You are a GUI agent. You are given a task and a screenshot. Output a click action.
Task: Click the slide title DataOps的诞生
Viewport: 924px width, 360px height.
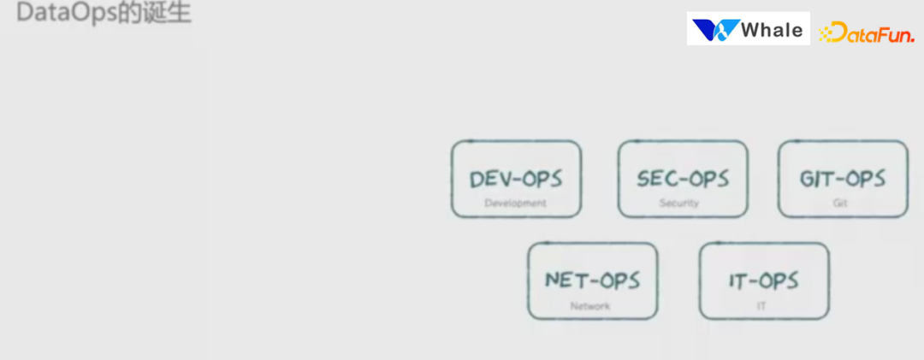point(104,14)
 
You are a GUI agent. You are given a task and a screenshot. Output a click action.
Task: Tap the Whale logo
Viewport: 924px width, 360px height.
point(748,30)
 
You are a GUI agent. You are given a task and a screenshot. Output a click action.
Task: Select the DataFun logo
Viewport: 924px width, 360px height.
point(866,33)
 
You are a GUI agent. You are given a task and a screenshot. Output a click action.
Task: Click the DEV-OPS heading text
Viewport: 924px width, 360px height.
point(516,180)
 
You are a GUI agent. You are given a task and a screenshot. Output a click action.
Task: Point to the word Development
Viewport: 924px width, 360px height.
point(515,204)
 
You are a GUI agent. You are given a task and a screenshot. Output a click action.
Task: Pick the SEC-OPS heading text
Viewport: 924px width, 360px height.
point(683,179)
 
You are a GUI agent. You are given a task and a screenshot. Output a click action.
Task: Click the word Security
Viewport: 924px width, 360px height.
point(679,204)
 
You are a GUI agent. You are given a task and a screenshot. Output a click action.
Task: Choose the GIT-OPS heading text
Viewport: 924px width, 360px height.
point(843,179)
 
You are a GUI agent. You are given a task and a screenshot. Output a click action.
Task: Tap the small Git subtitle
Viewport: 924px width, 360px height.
point(840,204)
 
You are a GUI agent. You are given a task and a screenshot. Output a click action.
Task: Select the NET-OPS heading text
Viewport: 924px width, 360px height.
point(592,280)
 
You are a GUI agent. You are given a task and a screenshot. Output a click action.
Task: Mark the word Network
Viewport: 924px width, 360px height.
point(590,305)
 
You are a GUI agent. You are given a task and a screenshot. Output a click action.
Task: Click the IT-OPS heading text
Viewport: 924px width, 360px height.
point(764,280)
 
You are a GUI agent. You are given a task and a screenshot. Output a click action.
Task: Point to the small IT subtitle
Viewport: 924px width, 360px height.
point(761,305)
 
